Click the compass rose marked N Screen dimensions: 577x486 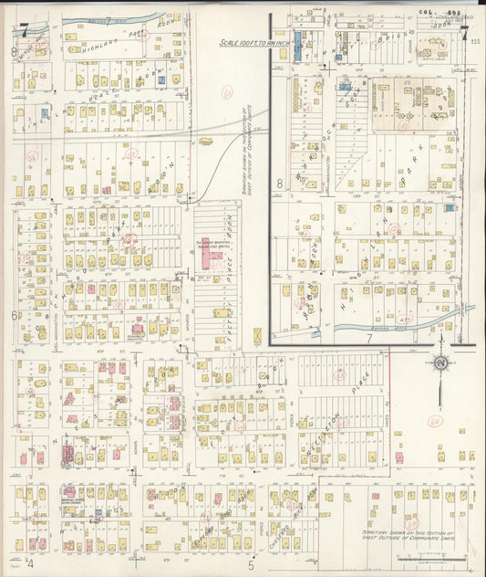(x=443, y=363)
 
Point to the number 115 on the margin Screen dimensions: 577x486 (x=477, y=40)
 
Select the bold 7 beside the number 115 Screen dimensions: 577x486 (x=464, y=37)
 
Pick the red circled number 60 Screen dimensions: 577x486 (x=228, y=91)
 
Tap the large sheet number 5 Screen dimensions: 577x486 (x=251, y=564)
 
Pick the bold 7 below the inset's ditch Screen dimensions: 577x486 (x=370, y=338)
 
